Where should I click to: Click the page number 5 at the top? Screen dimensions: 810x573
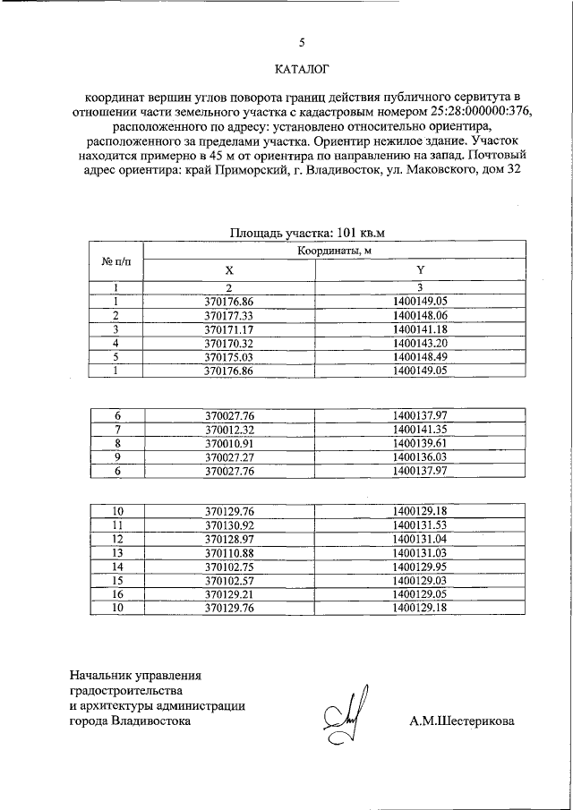[301, 42]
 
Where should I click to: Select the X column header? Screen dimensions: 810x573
[229, 270]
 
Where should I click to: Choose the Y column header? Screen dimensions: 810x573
[419, 270]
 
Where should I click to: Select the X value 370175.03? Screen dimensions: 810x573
[229, 356]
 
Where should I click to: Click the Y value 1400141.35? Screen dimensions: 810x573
[419, 430]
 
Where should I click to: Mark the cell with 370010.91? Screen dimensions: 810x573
[229, 443]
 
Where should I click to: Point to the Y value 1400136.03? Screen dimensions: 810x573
[419, 456]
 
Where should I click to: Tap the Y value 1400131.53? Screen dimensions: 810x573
[419, 524]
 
